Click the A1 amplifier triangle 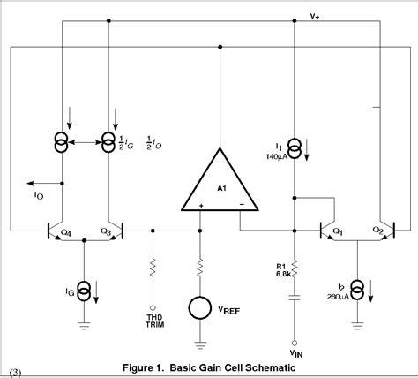220,181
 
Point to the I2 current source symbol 357,289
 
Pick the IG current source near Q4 84,290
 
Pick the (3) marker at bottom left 13,367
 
